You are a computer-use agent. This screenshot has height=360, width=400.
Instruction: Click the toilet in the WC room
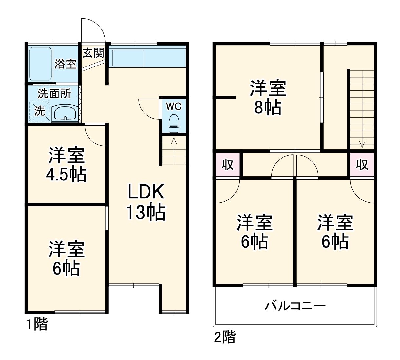(174, 123)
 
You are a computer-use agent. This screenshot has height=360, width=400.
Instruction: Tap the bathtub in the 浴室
(40, 64)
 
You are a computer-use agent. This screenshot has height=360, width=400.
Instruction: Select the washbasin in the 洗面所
(65, 114)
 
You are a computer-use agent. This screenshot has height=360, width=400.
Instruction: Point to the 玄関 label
(93, 53)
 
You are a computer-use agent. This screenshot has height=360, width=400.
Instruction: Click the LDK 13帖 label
(146, 202)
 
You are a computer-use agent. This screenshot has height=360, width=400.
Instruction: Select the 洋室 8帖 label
(268, 97)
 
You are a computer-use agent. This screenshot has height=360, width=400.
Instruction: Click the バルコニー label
(295, 306)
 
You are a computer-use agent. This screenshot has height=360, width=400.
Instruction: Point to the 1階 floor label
(37, 324)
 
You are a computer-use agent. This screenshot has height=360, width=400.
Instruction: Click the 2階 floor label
(225, 337)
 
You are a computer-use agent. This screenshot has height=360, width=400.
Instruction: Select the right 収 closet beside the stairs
(362, 164)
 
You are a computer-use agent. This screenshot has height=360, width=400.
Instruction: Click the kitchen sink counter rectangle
(128, 58)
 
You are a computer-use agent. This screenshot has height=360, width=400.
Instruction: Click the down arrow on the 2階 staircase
(362, 143)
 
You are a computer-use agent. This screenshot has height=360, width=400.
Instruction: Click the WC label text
(173, 106)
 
